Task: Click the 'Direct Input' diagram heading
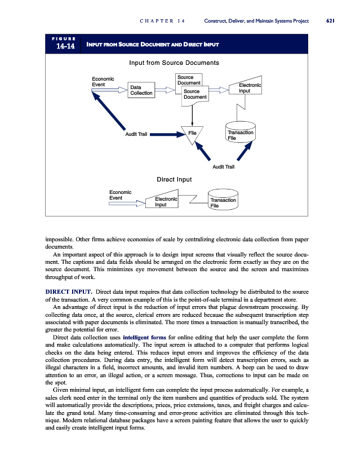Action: (x=174, y=179)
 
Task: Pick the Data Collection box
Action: (x=141, y=90)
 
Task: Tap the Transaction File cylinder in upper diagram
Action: (x=241, y=133)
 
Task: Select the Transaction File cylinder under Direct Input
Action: (x=223, y=202)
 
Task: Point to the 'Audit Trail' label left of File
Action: (x=136, y=134)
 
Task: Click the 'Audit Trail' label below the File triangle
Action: (x=223, y=167)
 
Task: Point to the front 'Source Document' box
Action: (x=195, y=94)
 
